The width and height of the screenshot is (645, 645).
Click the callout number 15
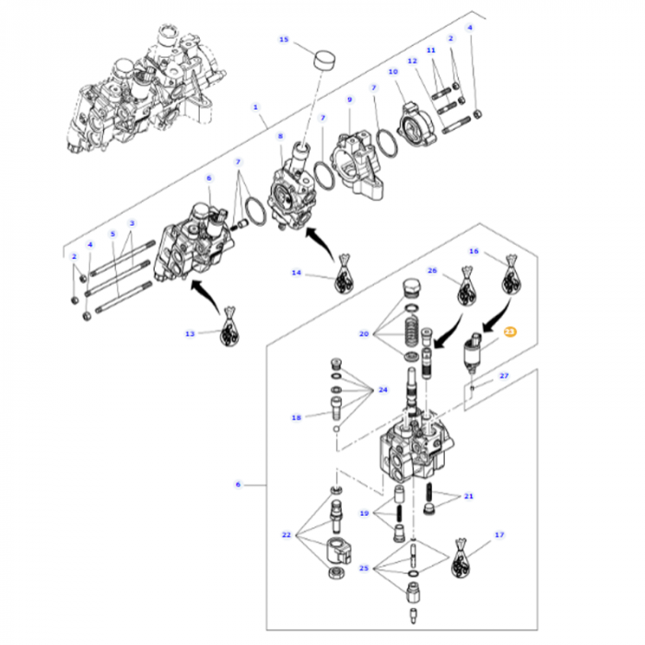284,40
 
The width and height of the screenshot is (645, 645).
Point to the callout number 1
256,107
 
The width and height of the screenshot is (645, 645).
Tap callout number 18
297,417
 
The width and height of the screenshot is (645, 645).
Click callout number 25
364,569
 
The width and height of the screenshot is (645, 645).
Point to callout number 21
468,497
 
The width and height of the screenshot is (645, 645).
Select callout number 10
393,71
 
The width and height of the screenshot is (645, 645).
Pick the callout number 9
349,99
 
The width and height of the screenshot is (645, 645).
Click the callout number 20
364,334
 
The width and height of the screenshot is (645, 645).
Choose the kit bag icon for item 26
468,290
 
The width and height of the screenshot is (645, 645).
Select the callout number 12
413,60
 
